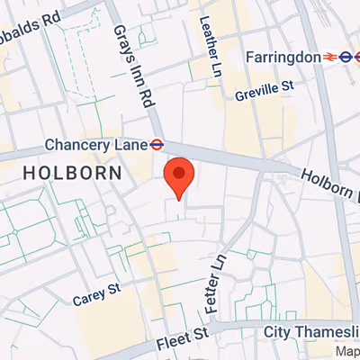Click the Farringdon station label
click(x=284, y=57)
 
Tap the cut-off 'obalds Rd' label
click(x=31, y=15)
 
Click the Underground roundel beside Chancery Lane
click(x=156, y=143)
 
